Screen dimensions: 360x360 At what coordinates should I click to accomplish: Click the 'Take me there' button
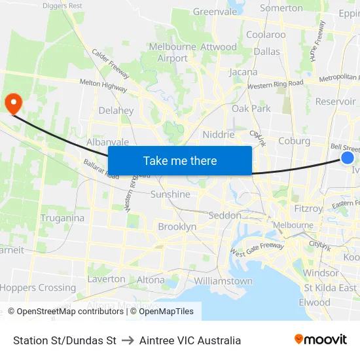point(180,160)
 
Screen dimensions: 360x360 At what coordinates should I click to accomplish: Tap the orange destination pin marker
point(13,103)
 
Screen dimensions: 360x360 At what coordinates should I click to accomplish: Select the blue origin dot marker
point(348,158)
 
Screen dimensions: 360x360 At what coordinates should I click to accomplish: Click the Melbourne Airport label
point(173,52)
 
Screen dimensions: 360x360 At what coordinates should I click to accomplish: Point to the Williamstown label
point(223,281)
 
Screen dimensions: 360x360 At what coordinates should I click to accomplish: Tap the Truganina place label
point(62,218)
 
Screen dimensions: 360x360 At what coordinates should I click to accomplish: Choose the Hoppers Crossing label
point(38,287)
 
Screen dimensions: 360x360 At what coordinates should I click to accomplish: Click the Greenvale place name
point(215,11)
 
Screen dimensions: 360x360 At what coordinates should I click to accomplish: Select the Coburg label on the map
point(294,140)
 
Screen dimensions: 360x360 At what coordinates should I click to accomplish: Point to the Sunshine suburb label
point(170,194)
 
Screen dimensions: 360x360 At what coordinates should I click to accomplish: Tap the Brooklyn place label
point(177,226)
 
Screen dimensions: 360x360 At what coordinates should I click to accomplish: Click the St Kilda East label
point(330,287)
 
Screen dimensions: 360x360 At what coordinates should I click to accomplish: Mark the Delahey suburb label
point(116,111)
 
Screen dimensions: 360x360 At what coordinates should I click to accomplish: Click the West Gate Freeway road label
point(257,249)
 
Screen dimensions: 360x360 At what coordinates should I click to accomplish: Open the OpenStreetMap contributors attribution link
point(65,312)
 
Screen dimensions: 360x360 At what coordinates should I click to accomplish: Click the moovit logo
point(321,339)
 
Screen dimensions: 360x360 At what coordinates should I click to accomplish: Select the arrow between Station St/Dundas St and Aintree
point(128,340)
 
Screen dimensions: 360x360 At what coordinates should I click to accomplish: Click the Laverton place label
point(106,279)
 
